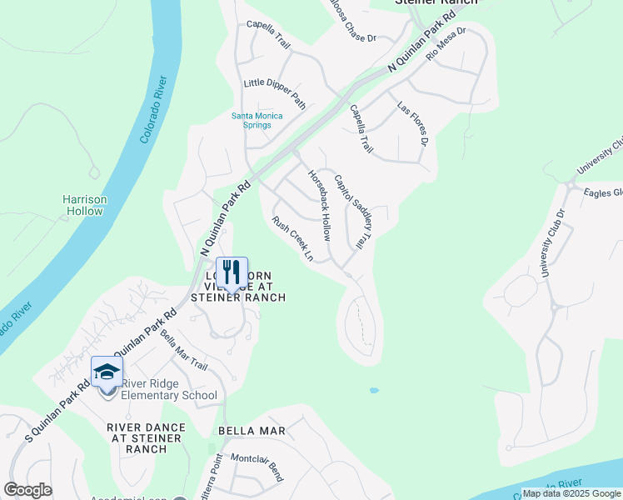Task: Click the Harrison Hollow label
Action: point(84,205)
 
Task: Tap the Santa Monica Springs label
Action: point(257,120)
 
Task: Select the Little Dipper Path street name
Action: point(275,94)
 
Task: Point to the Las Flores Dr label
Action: point(412,124)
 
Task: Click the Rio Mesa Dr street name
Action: point(445,44)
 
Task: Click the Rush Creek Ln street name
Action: point(292,238)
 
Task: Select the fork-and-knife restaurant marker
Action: point(232,272)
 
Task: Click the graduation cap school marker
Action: point(107,372)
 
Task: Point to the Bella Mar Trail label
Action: point(183,351)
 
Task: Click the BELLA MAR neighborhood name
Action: point(252,431)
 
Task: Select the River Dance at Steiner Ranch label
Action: point(147,437)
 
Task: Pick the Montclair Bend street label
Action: point(256,467)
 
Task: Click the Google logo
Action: point(27,490)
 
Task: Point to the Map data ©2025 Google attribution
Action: point(571,493)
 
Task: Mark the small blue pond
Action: point(373,390)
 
